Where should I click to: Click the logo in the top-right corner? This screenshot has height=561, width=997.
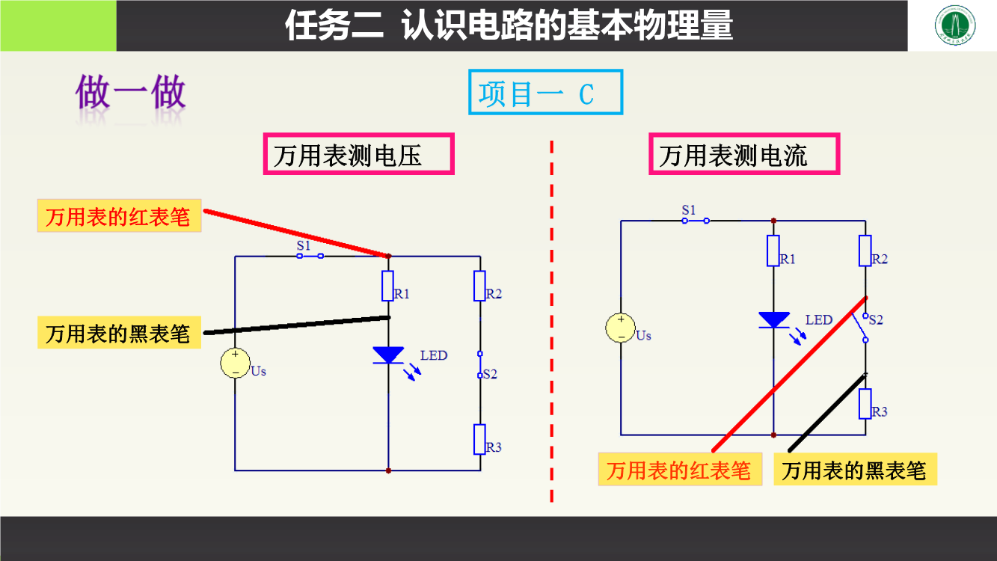click(953, 26)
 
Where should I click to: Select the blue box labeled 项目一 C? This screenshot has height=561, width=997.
click(545, 93)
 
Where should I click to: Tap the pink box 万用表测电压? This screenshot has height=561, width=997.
click(358, 155)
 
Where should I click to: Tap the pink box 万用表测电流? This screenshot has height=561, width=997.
click(743, 155)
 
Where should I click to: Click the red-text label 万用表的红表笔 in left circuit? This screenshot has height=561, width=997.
click(119, 216)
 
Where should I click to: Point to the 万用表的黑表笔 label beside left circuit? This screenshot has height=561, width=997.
click(119, 332)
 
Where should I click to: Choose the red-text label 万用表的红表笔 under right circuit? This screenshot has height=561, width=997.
click(679, 470)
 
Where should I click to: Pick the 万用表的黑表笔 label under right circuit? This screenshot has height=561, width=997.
click(854, 470)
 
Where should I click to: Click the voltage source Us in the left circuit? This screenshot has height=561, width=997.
click(235, 363)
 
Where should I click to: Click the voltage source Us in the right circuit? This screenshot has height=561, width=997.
click(621, 328)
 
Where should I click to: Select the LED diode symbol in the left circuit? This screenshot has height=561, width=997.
click(388, 355)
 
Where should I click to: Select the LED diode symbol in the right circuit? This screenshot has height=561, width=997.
click(773, 320)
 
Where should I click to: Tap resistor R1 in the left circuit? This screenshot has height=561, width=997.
click(388, 286)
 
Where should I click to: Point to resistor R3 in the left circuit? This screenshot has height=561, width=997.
click(480, 439)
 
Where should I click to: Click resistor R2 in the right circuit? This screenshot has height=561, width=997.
click(865, 251)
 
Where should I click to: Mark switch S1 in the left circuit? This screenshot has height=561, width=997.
click(310, 256)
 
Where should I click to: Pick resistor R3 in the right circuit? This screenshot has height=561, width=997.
click(865, 404)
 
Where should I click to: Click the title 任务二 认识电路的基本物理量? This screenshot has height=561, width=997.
click(509, 26)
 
